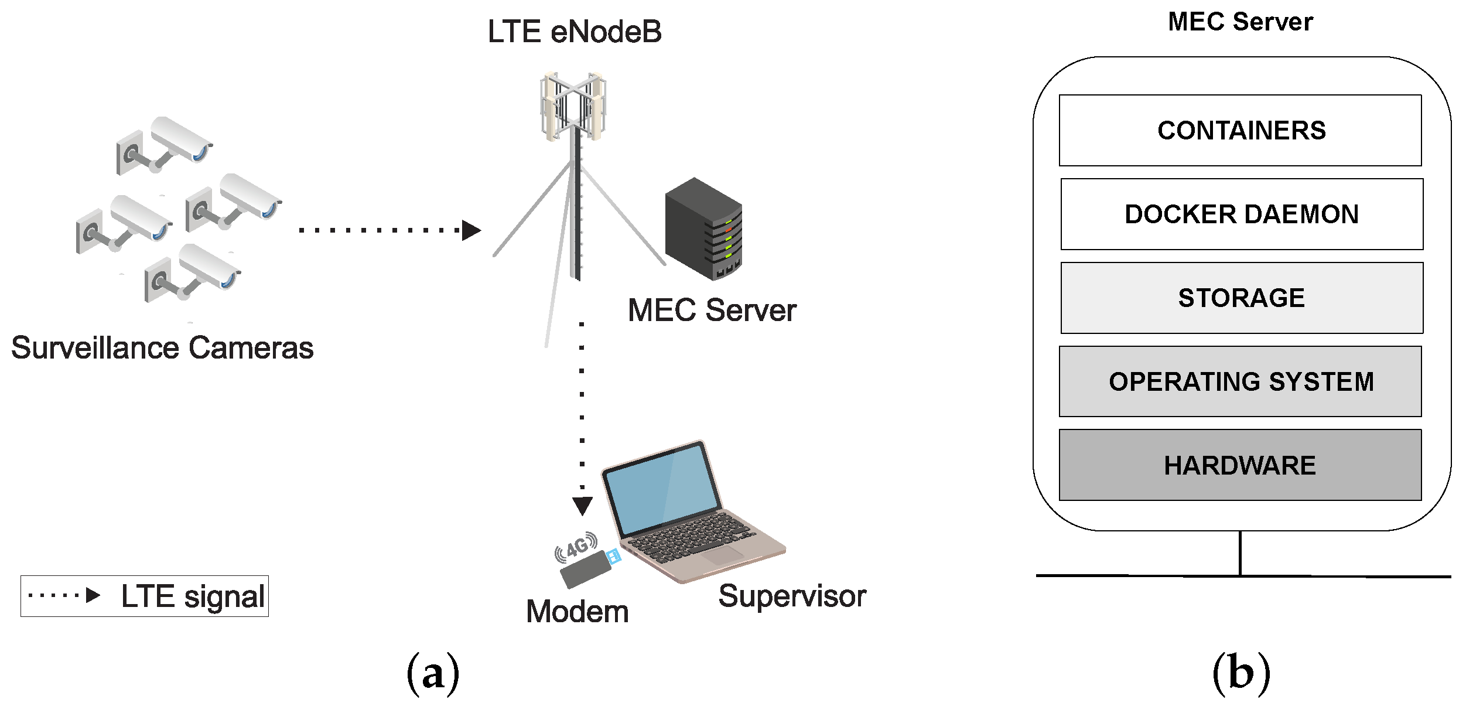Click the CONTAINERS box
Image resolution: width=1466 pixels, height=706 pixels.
[1240, 130]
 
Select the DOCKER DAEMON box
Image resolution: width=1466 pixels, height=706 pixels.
[1242, 214]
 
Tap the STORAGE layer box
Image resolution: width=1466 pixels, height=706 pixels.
[1242, 298]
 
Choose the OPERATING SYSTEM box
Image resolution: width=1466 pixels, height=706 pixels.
[1240, 381]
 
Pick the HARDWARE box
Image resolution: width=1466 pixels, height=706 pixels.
[1240, 465]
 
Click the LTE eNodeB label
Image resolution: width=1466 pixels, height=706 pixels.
[574, 32]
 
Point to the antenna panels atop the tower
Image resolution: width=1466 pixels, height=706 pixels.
[572, 105]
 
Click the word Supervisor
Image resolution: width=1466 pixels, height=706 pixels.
[792, 596]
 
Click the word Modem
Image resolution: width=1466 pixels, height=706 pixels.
[577, 612]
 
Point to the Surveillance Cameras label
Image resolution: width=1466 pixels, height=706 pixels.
[162, 347]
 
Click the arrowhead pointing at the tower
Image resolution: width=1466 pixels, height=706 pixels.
[470, 230]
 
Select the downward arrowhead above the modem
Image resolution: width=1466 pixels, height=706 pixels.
[582, 505]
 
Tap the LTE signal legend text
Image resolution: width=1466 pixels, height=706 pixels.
[193, 596]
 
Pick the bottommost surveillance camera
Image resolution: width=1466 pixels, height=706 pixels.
[193, 272]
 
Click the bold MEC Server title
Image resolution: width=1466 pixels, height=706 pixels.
[1240, 22]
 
